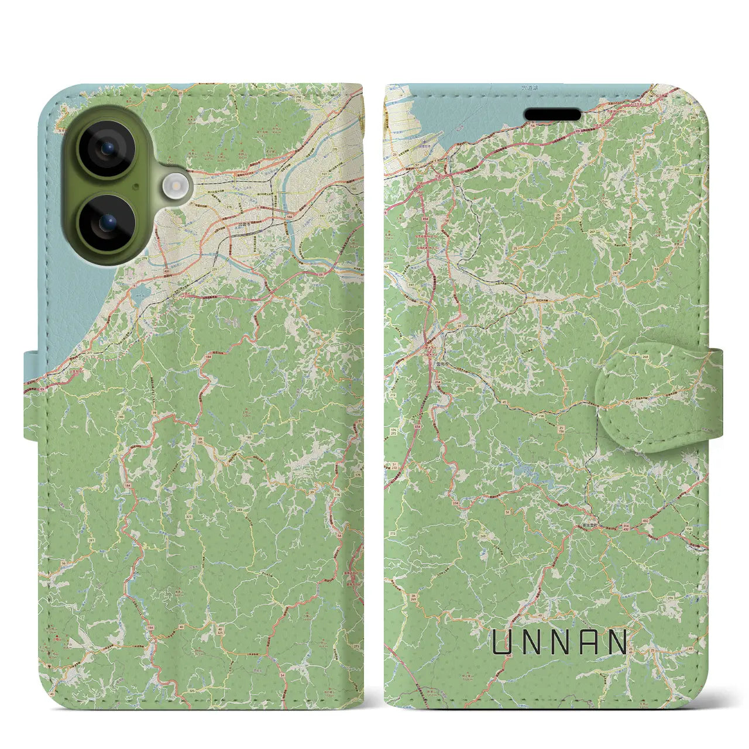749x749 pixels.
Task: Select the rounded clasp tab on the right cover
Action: click(x=655, y=398)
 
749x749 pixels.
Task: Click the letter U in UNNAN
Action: click(x=503, y=642)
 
